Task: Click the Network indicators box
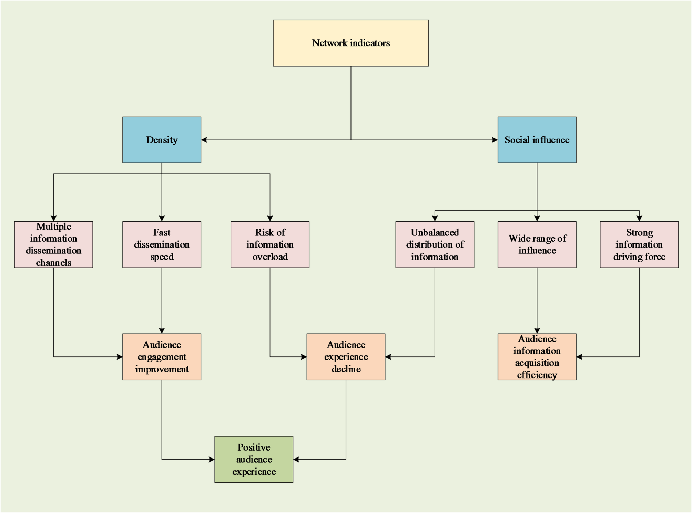coord(351,43)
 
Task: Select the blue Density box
coord(162,140)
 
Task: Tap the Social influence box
coord(537,140)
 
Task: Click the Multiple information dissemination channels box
coord(53,244)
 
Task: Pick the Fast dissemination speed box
coord(162,244)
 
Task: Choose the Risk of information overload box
coord(270,244)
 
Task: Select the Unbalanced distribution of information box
coord(435,244)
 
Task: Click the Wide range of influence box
coord(537,244)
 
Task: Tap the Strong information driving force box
coord(639,244)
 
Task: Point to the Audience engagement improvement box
coord(162,357)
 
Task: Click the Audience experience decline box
coord(346,357)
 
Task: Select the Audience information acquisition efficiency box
coord(537,357)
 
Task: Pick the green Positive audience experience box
coord(254,459)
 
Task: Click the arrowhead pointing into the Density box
coord(204,140)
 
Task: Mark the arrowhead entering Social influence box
coord(495,140)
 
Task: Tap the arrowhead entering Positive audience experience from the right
coord(296,459)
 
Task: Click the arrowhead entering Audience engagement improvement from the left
coord(120,357)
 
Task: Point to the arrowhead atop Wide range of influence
coord(537,219)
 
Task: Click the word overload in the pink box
coord(270,257)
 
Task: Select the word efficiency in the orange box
coord(537,375)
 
